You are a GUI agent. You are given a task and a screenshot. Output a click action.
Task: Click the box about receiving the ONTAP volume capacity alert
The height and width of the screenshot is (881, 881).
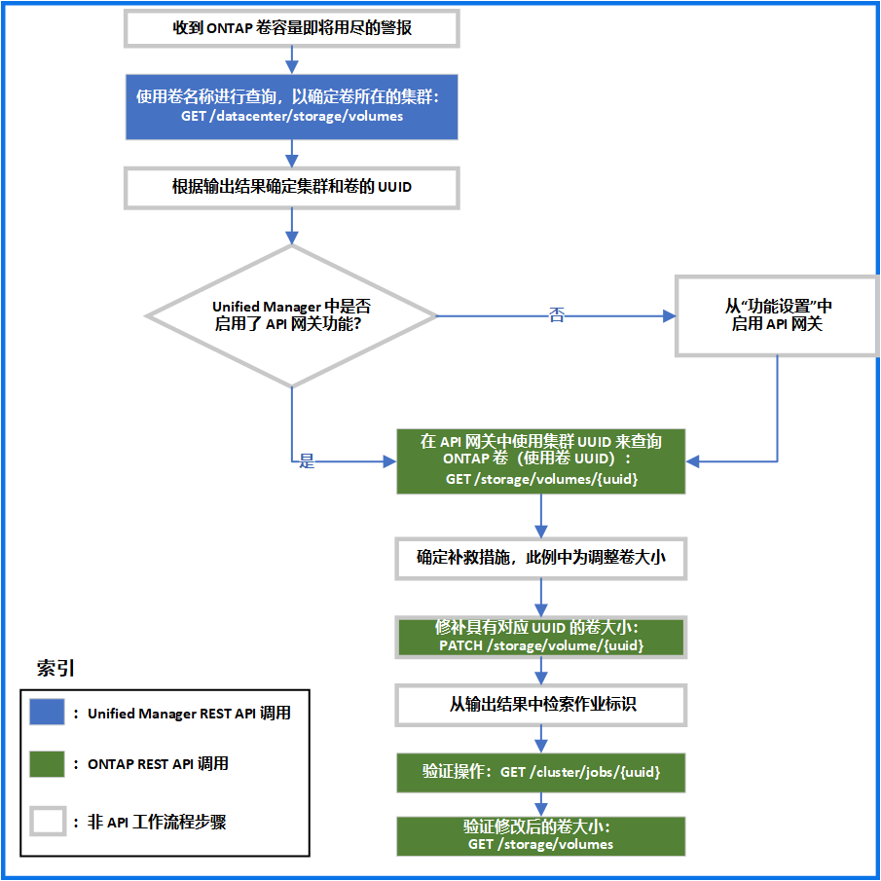click(292, 28)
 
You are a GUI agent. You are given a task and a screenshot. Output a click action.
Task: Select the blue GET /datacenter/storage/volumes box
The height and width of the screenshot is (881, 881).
click(292, 107)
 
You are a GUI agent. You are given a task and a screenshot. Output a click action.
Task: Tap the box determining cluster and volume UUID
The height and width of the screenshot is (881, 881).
click(292, 188)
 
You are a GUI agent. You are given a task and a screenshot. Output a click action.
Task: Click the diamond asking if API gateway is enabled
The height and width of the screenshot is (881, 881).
click(292, 315)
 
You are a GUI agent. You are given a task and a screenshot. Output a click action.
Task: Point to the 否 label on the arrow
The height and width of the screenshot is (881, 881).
click(556, 314)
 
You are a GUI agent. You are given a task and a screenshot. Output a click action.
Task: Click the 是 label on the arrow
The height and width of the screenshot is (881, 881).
click(307, 461)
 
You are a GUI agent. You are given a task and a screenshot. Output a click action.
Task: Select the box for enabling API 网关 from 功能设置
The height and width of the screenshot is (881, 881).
click(777, 315)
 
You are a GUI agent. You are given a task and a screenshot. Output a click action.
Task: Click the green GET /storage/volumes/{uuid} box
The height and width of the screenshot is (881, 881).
click(541, 461)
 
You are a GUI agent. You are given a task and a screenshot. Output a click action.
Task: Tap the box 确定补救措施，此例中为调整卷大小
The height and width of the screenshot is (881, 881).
click(541, 559)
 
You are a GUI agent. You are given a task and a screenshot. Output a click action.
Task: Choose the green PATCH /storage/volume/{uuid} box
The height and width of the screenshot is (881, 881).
click(541, 638)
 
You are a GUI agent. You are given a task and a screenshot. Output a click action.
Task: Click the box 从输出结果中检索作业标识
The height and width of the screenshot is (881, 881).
click(541, 705)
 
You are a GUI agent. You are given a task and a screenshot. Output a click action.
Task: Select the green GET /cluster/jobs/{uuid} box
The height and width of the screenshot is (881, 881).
click(541, 773)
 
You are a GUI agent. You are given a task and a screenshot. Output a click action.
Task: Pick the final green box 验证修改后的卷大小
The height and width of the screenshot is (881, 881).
click(541, 836)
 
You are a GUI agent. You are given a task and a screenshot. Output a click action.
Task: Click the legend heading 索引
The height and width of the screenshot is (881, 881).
click(55, 668)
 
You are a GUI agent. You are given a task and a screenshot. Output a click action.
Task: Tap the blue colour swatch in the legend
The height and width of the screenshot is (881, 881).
click(47, 712)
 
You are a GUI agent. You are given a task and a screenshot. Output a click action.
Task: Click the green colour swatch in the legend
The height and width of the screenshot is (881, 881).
click(47, 764)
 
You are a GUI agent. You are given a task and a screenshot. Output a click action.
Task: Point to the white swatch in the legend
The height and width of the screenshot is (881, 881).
click(48, 821)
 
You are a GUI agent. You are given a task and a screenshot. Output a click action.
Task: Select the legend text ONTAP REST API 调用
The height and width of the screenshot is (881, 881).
click(158, 764)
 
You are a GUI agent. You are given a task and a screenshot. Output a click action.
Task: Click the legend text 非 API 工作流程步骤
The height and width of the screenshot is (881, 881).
click(157, 822)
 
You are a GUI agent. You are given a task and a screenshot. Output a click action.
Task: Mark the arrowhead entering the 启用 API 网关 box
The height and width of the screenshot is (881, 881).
click(669, 315)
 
